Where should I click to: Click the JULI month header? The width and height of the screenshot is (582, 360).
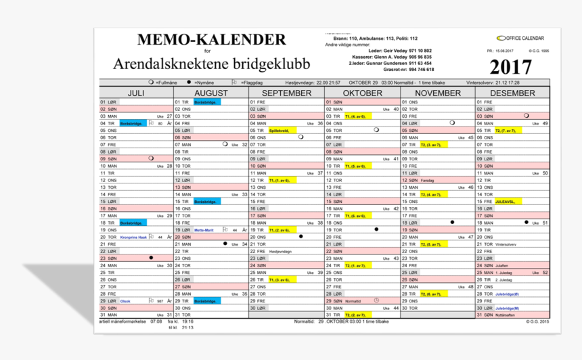[136, 93]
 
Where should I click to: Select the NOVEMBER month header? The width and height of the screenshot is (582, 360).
[438, 93]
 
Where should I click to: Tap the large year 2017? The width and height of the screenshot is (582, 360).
[511, 68]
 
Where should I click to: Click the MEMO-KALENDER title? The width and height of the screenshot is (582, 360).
[212, 39]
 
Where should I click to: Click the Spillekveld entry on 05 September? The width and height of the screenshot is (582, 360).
[279, 131]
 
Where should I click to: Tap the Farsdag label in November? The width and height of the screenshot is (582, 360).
[428, 181]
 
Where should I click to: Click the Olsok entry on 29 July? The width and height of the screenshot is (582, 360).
[126, 301]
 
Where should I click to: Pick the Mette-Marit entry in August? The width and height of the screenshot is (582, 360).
[204, 230]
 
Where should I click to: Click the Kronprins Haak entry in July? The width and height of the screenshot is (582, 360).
[133, 238]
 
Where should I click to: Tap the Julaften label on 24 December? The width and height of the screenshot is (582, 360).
[501, 266]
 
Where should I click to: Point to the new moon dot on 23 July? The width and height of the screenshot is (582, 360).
[151, 258]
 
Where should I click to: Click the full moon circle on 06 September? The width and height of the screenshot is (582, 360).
[300, 137]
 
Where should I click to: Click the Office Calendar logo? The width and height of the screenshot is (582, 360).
[519, 38]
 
